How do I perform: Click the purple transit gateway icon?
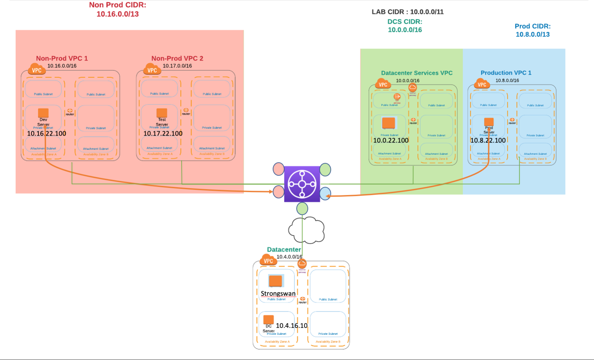pyautogui.click(x=302, y=184)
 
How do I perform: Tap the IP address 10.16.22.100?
pyautogui.click(x=46, y=134)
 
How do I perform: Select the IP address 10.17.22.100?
pyautogui.click(x=163, y=134)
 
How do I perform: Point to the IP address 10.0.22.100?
pyautogui.click(x=391, y=140)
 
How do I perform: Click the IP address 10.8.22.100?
pyautogui.click(x=488, y=140)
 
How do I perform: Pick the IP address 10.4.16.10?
pyautogui.click(x=291, y=326)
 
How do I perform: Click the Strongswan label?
pyautogui.click(x=278, y=293)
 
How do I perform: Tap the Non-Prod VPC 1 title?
pyautogui.click(x=62, y=58)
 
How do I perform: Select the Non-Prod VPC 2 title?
pyautogui.click(x=177, y=58)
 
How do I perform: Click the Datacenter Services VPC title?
pyautogui.click(x=417, y=73)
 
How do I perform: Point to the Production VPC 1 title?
pyautogui.click(x=506, y=73)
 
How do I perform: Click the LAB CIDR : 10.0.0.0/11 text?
pyautogui.click(x=407, y=12)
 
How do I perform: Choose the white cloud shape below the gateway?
pyautogui.click(x=307, y=230)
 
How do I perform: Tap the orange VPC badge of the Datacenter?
pyautogui.click(x=268, y=261)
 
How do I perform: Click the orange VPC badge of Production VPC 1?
pyautogui.click(x=481, y=84)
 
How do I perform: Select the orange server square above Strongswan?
pyautogui.click(x=276, y=281)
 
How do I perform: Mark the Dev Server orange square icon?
pyautogui.click(x=43, y=113)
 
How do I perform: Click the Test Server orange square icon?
pyautogui.click(x=162, y=113)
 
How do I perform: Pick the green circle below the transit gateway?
pyautogui.click(x=302, y=208)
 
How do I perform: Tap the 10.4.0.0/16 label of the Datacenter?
pyautogui.click(x=289, y=257)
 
